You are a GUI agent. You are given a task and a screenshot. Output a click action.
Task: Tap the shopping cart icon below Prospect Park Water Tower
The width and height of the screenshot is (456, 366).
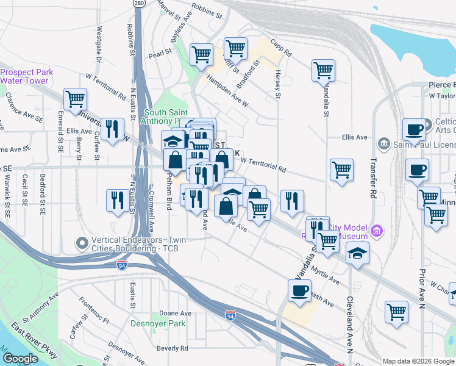[75, 98]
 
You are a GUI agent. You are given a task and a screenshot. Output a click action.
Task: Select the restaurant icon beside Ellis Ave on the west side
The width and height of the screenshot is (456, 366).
[112, 128]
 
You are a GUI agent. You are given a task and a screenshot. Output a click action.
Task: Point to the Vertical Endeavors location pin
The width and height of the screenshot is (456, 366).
[82, 243]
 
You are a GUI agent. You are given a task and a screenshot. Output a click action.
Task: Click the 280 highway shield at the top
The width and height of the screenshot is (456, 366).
[140, 4]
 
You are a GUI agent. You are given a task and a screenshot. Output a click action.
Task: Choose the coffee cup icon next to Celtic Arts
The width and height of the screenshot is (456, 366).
[414, 129]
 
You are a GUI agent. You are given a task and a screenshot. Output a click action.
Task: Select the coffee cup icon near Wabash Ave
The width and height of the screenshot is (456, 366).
[299, 290]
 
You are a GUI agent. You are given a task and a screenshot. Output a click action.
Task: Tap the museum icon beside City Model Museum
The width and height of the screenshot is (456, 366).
[377, 231]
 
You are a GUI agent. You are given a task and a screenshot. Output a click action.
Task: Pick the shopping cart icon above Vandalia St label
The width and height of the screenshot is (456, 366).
[323, 70]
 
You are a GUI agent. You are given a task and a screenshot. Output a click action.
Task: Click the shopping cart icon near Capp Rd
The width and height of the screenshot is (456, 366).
[235, 48]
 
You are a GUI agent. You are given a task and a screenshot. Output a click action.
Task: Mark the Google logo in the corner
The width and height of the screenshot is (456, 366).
[21, 359]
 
